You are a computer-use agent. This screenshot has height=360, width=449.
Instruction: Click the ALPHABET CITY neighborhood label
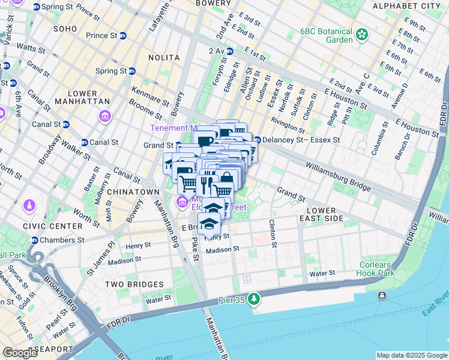(406, 6)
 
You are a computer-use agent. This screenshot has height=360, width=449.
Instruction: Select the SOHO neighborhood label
(65, 28)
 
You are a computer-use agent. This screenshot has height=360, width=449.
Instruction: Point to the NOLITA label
(164, 58)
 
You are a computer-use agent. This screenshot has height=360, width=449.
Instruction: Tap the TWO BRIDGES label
(134, 284)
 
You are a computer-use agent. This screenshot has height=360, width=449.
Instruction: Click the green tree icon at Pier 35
(254, 298)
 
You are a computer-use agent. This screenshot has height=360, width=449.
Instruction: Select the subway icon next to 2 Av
(229, 52)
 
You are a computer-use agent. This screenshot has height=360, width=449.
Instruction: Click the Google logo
(20, 353)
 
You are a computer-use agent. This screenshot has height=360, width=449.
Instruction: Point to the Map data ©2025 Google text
(411, 355)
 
